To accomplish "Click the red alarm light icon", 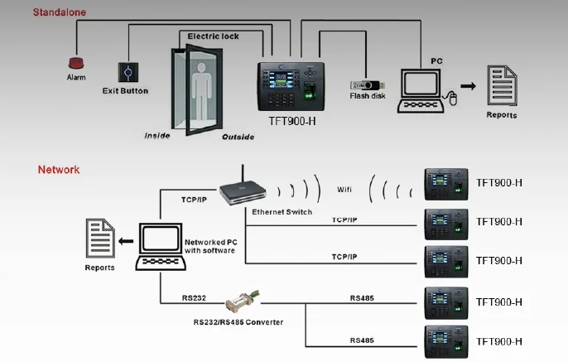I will pos(75,62).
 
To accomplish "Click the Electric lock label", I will pos(213,36).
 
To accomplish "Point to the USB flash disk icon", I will pos(365,84).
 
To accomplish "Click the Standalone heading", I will pos(59,12).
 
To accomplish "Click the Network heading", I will pos(59,170).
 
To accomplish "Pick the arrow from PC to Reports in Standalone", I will pos(467,85).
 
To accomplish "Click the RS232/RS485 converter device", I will pos(244,301).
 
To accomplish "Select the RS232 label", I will pos(195,296).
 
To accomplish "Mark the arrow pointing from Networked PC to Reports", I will pos(126,241).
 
